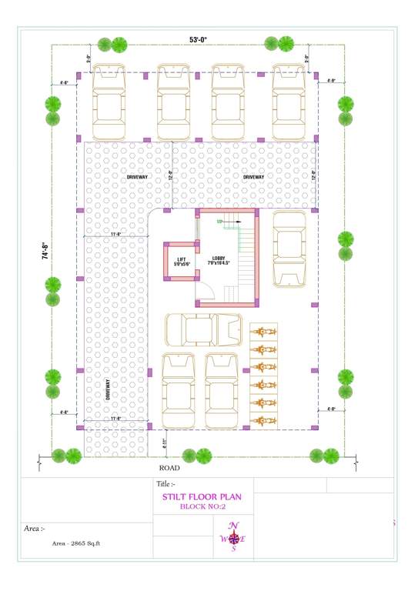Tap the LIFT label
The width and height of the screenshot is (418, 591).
[x=181, y=260]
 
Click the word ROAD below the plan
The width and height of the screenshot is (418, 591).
[x=169, y=467]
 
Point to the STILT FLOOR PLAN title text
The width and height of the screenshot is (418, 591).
[x=202, y=496]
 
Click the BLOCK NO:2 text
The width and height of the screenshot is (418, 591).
[x=202, y=506]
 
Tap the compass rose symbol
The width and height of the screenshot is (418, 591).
[x=234, y=538]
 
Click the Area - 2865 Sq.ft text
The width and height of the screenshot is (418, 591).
[x=76, y=543]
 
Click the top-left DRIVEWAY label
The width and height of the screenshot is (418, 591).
[x=138, y=177]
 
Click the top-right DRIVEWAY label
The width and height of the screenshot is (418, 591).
[x=253, y=177]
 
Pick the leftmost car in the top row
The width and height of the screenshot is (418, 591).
[x=109, y=102]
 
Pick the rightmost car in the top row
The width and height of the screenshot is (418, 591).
[x=289, y=102]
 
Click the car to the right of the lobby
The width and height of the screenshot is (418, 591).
[x=289, y=248]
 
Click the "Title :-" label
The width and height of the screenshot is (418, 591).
[x=167, y=484]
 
